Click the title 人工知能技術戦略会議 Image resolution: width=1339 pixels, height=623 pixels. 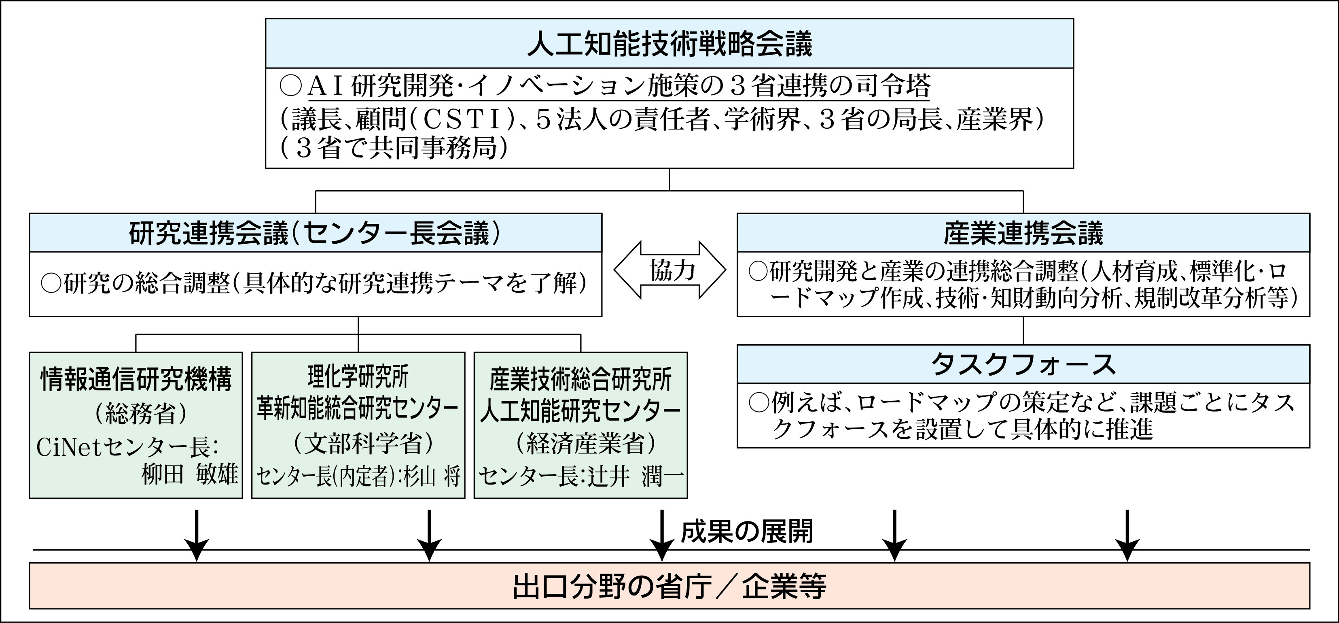[x=669, y=44]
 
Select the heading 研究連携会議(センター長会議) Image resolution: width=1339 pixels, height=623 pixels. [x=315, y=234]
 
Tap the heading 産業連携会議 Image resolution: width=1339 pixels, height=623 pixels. [x=1023, y=234]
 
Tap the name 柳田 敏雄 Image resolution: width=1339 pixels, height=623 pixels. [x=190, y=474]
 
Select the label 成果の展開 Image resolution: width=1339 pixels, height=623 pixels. [x=746, y=532]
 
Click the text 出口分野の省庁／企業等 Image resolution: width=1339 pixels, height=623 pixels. [x=669, y=587]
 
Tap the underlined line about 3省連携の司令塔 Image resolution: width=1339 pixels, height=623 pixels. [x=619, y=86]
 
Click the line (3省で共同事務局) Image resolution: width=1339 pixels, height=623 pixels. [x=394, y=149]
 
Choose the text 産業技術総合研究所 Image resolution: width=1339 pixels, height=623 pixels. [x=581, y=380]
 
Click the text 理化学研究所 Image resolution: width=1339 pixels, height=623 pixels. [x=358, y=376]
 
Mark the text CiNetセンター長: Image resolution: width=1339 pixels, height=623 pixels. [x=128, y=447]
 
